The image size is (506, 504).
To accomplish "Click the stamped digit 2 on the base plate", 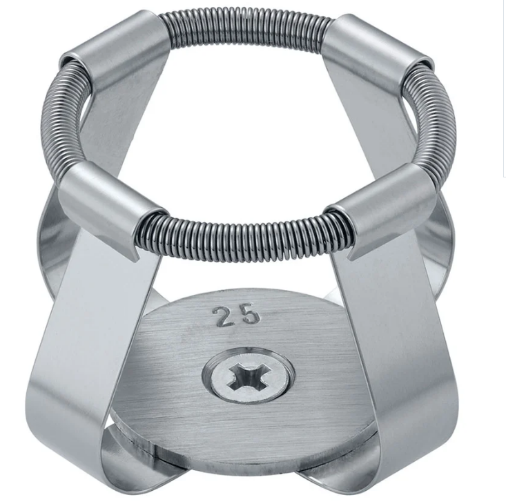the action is click(x=222, y=316).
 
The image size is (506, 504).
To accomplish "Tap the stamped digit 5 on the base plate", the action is click(x=249, y=314).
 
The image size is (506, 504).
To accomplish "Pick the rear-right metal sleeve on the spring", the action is click(x=378, y=55).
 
